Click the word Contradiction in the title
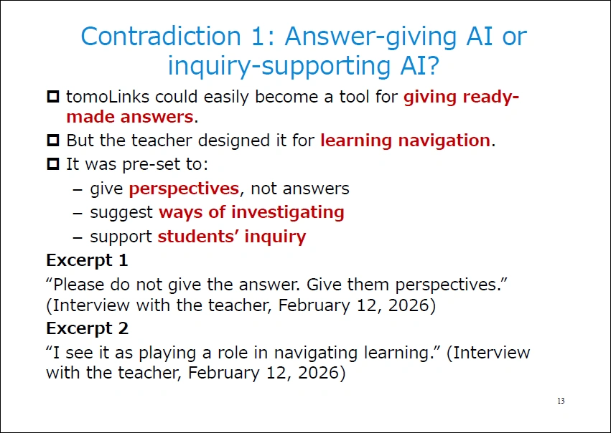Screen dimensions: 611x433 [x=161, y=36]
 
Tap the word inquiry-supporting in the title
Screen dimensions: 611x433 [x=279, y=66]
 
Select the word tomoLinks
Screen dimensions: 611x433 [x=108, y=97]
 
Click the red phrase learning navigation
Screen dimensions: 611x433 [x=405, y=141]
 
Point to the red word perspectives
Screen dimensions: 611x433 [x=184, y=189]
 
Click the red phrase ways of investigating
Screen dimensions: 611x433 [x=251, y=212]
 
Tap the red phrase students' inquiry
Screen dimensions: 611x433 [x=232, y=237]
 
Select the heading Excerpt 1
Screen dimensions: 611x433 [x=87, y=260]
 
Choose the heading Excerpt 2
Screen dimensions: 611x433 [x=88, y=328]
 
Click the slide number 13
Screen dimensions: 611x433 [x=561, y=401]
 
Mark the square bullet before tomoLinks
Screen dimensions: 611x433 [x=53, y=97]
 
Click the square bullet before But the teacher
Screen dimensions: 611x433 [x=53, y=140]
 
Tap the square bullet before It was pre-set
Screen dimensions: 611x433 [x=53, y=163]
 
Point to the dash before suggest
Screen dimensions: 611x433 [x=78, y=214]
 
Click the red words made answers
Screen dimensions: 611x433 [x=130, y=117]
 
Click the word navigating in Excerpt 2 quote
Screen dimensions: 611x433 [x=316, y=353]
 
